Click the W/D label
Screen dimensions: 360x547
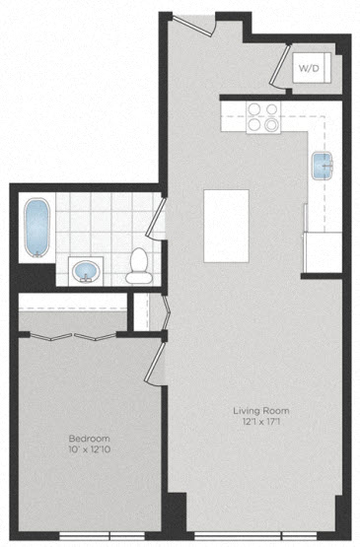[x=309, y=68]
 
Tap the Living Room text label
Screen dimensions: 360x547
[x=261, y=411]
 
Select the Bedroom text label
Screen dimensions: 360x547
[x=90, y=439]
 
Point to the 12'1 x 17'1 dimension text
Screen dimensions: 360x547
[x=261, y=422]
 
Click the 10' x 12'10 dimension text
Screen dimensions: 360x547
[x=90, y=449]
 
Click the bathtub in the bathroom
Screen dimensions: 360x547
[x=37, y=228]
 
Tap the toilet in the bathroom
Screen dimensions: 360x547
[x=139, y=265]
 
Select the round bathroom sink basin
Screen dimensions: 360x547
[x=86, y=271]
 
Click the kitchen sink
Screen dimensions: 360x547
[x=323, y=166]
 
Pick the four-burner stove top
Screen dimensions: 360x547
[x=263, y=117]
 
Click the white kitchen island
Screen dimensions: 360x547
[x=226, y=226]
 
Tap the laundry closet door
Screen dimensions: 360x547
[x=280, y=66]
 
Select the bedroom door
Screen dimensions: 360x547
[x=154, y=363]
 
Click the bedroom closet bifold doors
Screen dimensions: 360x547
[x=73, y=337]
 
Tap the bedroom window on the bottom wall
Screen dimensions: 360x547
[x=102, y=535]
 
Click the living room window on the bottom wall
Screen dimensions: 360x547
[x=255, y=535]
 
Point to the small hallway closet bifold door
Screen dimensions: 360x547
[x=167, y=312]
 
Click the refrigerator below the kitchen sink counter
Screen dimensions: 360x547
[x=323, y=252]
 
